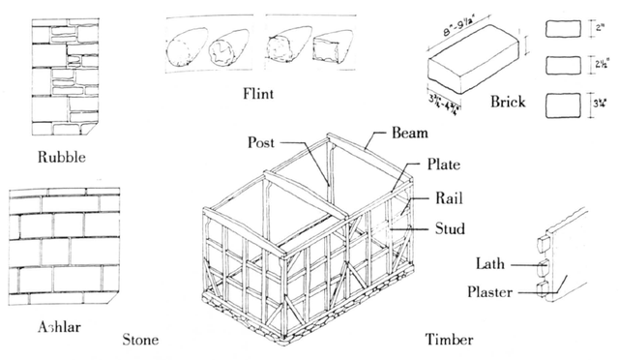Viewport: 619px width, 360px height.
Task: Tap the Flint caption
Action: tap(259, 94)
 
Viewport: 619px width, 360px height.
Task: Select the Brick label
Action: tap(508, 101)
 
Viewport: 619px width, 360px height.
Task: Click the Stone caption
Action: tap(141, 340)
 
